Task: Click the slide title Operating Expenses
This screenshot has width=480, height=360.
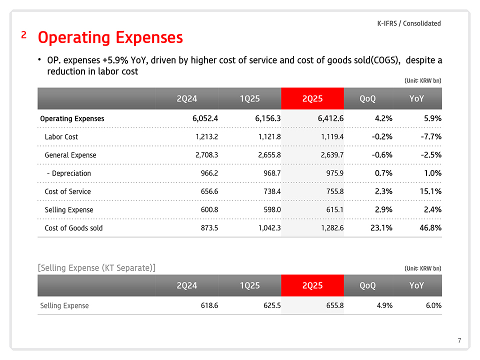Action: tap(110, 37)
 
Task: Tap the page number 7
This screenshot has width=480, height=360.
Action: tap(459, 341)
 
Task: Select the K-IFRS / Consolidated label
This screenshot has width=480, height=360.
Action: tap(408, 23)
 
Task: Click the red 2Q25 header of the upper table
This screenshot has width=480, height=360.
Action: tap(312, 98)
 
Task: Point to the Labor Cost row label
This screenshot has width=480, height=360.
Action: tap(61, 136)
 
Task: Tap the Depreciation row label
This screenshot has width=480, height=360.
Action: tap(68, 173)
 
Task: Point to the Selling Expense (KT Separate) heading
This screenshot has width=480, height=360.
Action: tap(96, 267)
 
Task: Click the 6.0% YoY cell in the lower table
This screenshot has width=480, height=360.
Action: tap(433, 305)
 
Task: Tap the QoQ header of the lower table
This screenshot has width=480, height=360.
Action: tap(367, 285)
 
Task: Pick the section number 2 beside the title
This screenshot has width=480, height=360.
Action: tap(24, 35)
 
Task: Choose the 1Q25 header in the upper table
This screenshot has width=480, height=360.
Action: tap(249, 98)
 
